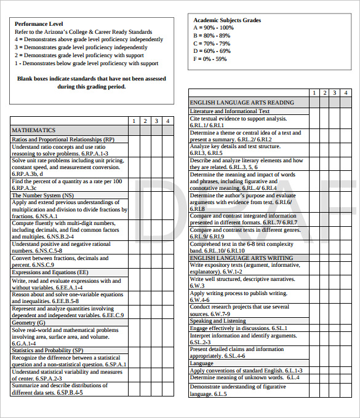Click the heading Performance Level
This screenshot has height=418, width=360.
coord(38,24)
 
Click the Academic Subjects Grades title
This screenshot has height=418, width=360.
coord(226,20)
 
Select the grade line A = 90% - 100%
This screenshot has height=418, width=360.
coord(213,28)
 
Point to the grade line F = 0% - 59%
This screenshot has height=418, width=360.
coord(210,59)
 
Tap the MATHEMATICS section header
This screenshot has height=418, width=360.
coord(33,130)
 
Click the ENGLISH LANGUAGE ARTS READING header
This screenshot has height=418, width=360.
coord(242,103)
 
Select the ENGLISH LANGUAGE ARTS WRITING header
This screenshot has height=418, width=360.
coord(241,259)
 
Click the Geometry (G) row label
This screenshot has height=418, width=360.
coord(28,323)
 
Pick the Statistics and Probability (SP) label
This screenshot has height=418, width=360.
coord(47,350)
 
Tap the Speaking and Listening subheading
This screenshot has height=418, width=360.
coord(218,321)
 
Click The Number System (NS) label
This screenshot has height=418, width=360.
coord(42,195)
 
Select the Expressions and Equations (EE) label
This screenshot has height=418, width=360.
coord(50,272)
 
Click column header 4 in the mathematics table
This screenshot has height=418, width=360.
coord(167,121)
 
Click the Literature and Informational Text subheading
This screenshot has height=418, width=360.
coord(230,111)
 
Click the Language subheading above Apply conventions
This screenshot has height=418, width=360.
coord(201,363)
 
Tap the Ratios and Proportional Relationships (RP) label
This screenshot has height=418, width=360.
coord(63,140)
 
